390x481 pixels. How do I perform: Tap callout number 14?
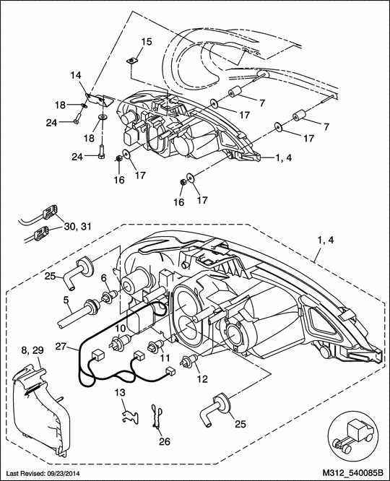click(77, 75)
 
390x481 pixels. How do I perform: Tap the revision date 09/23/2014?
click(78, 474)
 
